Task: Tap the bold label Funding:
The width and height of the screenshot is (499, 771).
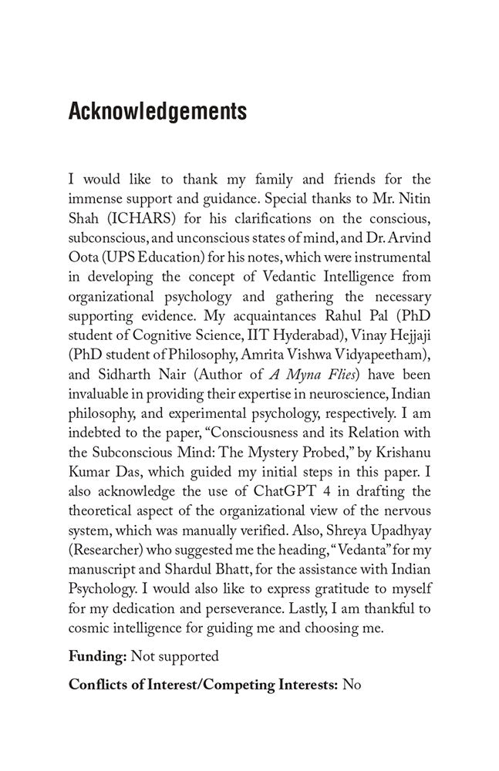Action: [97, 657]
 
